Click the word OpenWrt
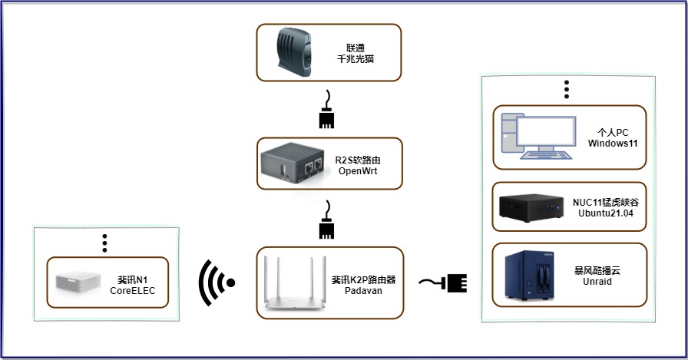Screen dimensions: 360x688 click(x=358, y=171)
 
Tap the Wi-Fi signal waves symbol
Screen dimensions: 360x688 click(x=217, y=283)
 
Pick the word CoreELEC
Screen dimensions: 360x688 click(x=132, y=292)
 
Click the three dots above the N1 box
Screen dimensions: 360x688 click(x=105, y=243)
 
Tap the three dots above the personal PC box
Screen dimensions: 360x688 click(x=567, y=89)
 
